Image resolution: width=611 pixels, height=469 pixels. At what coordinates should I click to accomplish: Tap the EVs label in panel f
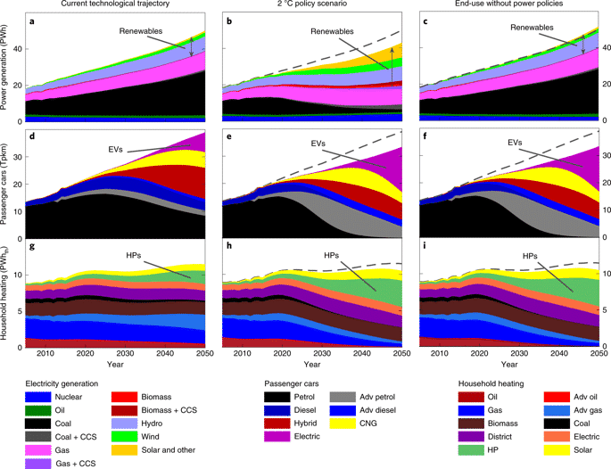pyautogui.click(x=515, y=142)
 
